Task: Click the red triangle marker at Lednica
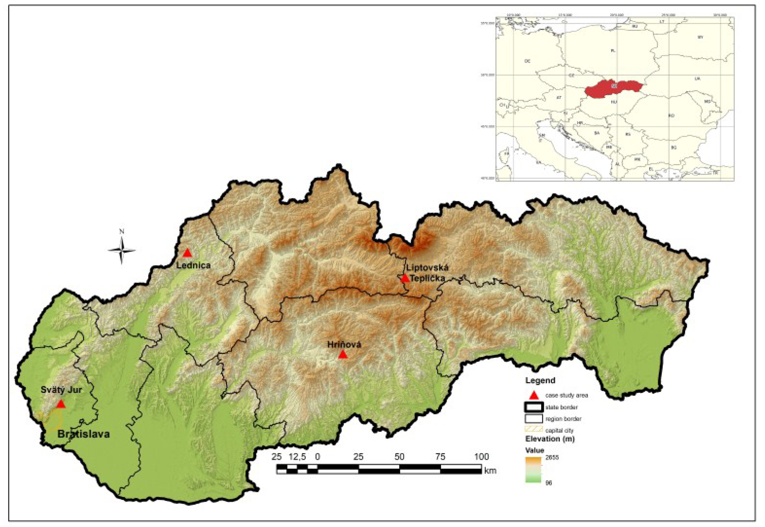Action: [x=188, y=253]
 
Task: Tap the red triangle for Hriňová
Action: [x=343, y=355]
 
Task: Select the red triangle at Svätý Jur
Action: [x=61, y=404]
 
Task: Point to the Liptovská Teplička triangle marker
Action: [x=405, y=278]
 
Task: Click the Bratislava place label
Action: [x=84, y=434]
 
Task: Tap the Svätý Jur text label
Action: [x=61, y=390]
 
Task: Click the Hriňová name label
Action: [x=344, y=345]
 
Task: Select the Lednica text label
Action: [x=193, y=265]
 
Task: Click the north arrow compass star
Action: [x=121, y=251]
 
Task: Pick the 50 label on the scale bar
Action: [x=399, y=457]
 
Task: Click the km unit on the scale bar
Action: [x=491, y=470]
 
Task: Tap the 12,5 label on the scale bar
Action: [x=297, y=457]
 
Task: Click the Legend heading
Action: [x=540, y=381]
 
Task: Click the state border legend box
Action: [x=534, y=407]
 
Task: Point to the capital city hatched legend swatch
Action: [x=534, y=429]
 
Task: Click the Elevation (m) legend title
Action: [x=550, y=439]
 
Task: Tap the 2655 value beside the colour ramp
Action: [x=552, y=458]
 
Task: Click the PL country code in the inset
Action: [x=613, y=51]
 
